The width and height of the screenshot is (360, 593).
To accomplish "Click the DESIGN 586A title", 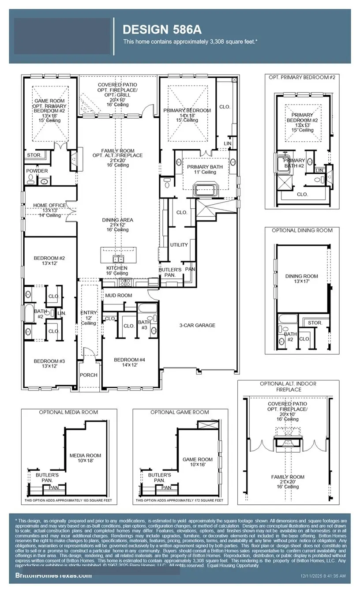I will [x=162, y=30].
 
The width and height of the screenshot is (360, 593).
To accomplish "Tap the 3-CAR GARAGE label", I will [x=197, y=325].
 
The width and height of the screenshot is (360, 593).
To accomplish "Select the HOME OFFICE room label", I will [x=49, y=205].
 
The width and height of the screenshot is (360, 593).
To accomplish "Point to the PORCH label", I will [x=88, y=375].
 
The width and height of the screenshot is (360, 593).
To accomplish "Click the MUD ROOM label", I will [x=118, y=295].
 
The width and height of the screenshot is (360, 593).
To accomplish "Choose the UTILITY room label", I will [x=179, y=245].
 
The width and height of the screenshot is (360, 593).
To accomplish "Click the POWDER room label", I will [x=37, y=171].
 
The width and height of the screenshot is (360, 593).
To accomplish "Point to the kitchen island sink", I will [x=118, y=258].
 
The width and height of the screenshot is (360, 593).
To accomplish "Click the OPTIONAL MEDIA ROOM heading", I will [x=68, y=412].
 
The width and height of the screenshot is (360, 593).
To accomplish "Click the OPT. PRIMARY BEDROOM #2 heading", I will [x=302, y=77].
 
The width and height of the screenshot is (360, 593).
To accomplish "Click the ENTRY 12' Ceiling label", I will [x=88, y=318].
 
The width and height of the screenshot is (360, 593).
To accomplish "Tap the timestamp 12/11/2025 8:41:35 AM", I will [x=323, y=576].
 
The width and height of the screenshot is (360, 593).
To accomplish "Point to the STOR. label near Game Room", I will [x=34, y=155].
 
